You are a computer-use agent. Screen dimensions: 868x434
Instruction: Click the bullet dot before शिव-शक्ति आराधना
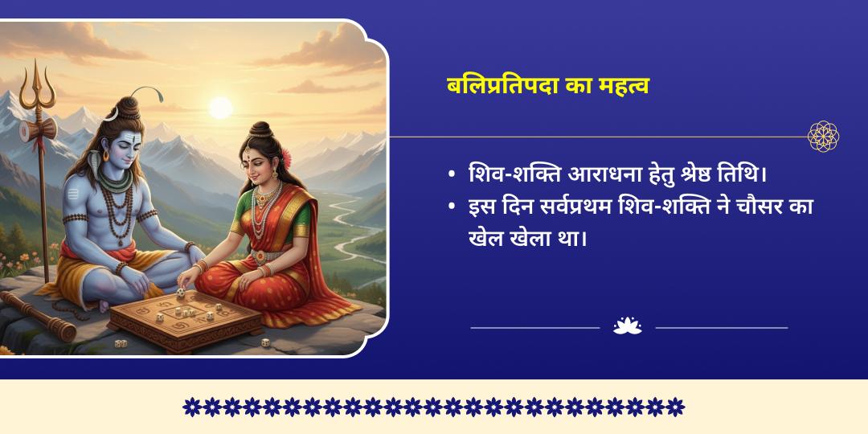click(x=452, y=175)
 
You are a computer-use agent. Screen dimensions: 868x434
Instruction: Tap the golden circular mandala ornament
click(x=823, y=136)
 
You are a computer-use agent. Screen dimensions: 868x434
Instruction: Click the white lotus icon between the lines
click(x=627, y=326)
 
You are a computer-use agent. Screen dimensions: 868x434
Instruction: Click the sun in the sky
click(x=220, y=108)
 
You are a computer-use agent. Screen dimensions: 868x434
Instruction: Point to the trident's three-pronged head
click(x=38, y=86)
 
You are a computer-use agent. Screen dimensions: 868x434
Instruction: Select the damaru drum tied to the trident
click(x=38, y=129)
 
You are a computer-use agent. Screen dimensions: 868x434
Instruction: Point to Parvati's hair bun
click(x=259, y=131)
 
